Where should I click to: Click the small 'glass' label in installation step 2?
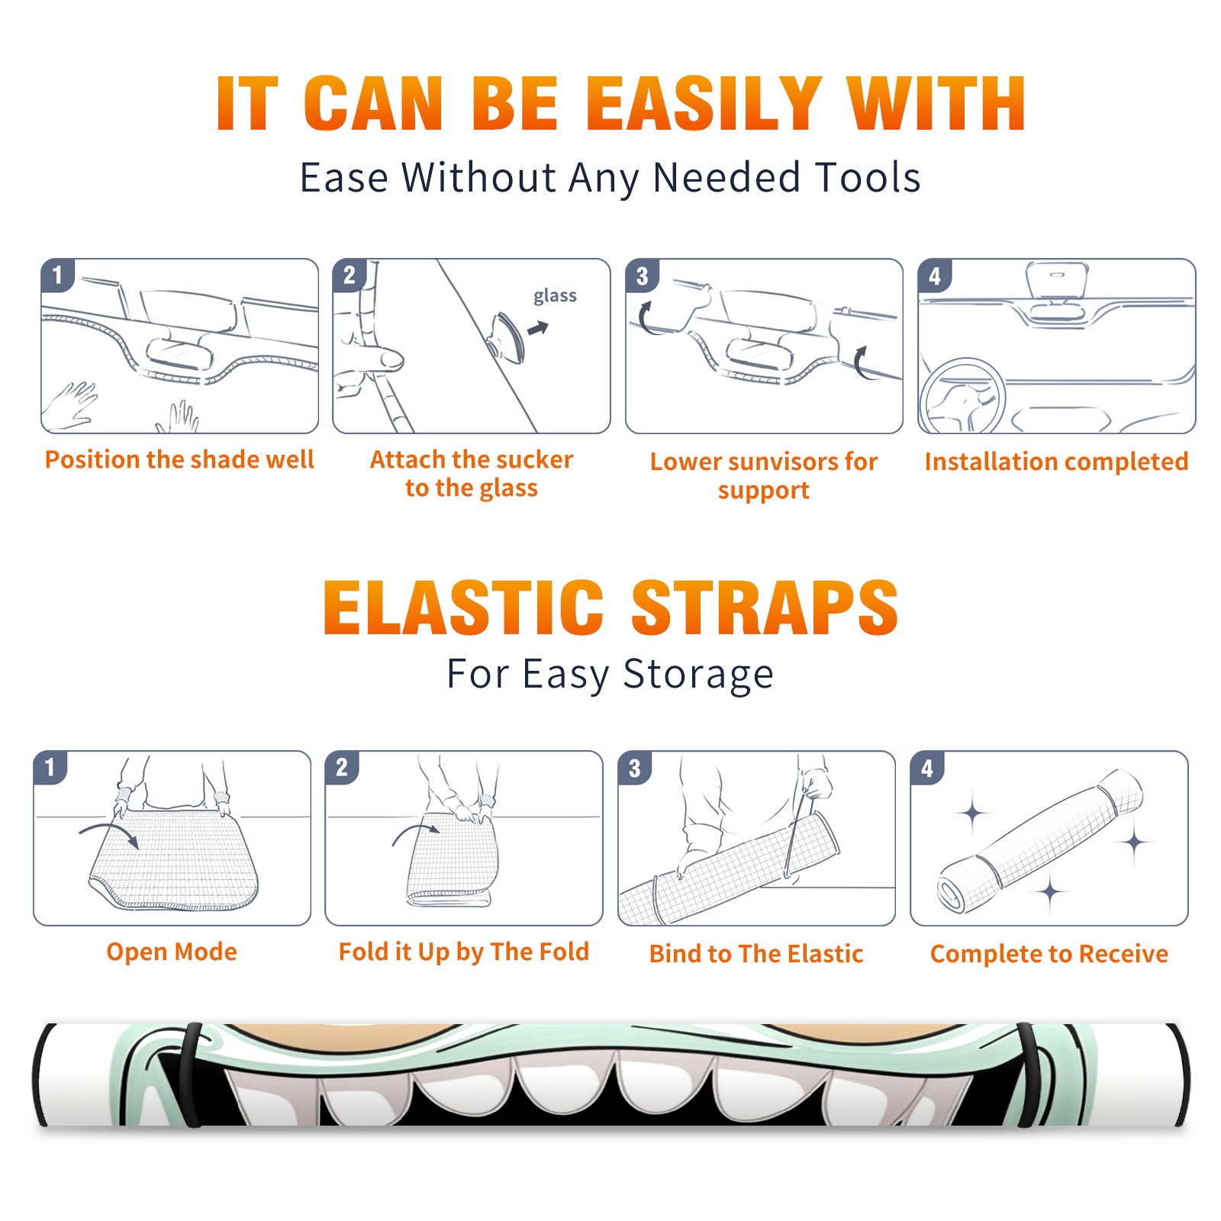pyautogui.click(x=555, y=296)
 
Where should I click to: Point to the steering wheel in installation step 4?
pyautogui.click(x=962, y=396)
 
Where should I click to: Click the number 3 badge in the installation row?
pyautogui.click(x=643, y=275)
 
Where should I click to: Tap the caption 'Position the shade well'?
pyautogui.click(x=179, y=459)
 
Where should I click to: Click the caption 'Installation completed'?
pyautogui.click(x=1056, y=462)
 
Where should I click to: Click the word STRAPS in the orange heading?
pyautogui.click(x=765, y=607)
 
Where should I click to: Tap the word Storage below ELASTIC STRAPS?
pyautogui.click(x=698, y=675)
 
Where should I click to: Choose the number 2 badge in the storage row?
pyautogui.click(x=342, y=767)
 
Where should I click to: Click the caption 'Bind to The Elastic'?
pyautogui.click(x=756, y=954)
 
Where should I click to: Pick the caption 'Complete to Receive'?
pyautogui.click(x=1049, y=954)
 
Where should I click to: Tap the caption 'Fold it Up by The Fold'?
pyautogui.click(x=464, y=952)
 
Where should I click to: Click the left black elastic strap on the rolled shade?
pyautogui.click(x=192, y=1074)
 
